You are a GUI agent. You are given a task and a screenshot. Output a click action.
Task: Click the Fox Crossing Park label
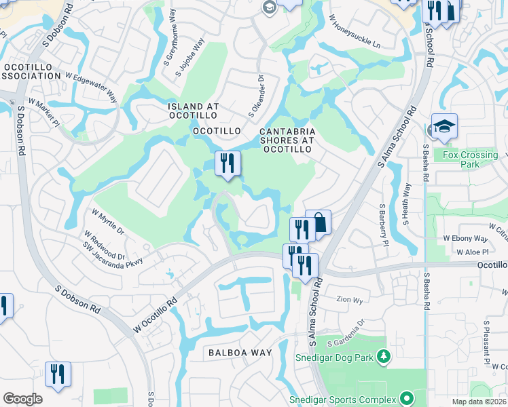[470, 159]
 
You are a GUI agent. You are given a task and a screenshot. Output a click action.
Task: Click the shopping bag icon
[318, 222]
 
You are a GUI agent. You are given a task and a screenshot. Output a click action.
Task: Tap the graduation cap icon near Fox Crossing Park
[444, 126]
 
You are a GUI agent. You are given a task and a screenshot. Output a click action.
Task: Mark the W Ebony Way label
[465, 238]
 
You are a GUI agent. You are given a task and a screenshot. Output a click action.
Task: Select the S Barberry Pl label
[382, 221]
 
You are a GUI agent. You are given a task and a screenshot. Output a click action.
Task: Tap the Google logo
[22, 399]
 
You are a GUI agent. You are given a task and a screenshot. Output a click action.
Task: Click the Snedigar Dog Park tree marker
[383, 356]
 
